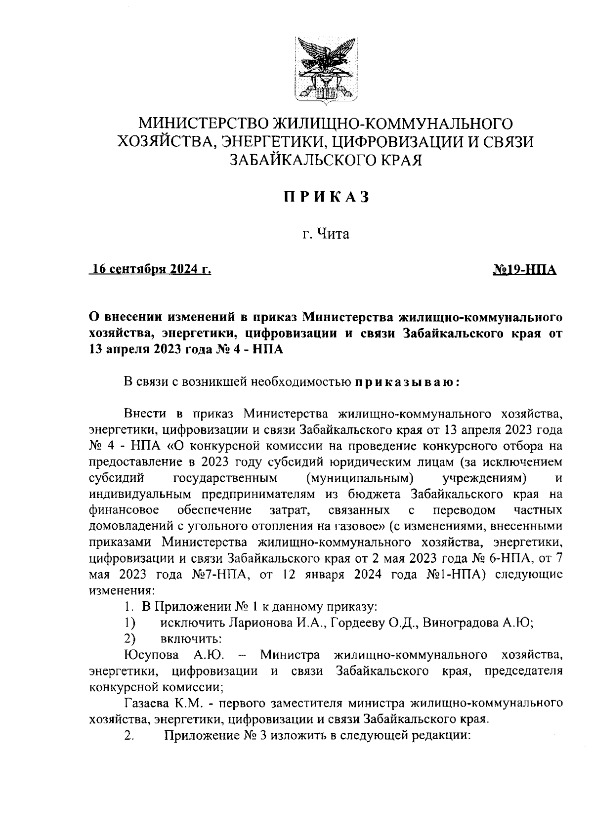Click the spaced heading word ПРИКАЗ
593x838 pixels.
(326, 197)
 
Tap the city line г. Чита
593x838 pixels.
(326, 234)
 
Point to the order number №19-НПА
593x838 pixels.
(525, 269)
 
